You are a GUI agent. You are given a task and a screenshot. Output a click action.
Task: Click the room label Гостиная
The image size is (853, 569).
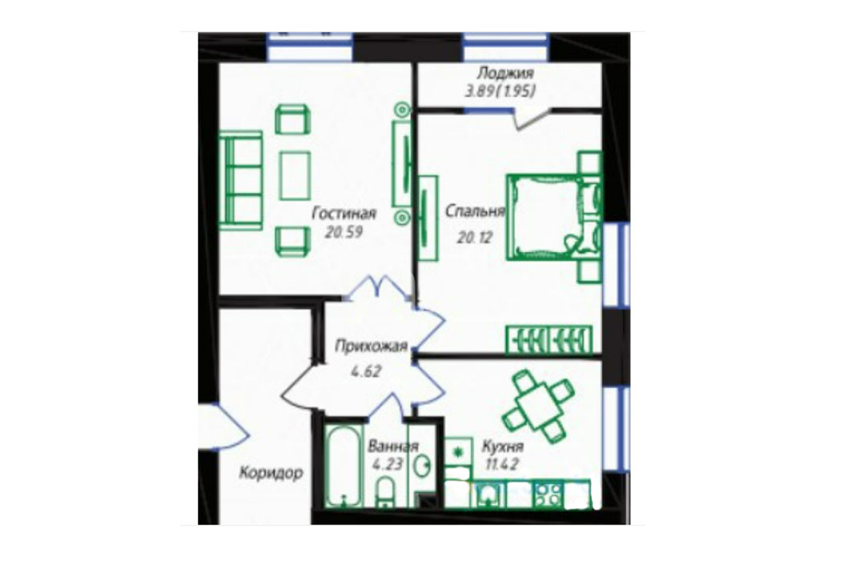[343, 213]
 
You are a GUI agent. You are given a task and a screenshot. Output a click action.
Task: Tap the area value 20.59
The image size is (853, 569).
[343, 233]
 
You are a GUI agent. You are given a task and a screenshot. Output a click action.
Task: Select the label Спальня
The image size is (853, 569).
[476, 211]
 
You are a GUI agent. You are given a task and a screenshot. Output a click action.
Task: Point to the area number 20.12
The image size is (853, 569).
[474, 238]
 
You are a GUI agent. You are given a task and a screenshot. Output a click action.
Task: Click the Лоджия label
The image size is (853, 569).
[505, 73]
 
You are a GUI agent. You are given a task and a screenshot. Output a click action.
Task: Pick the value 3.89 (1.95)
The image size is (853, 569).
[499, 91]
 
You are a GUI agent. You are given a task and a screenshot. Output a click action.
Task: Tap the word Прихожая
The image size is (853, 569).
[371, 346]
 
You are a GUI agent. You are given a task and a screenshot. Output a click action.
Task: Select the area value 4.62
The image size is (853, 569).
[366, 372]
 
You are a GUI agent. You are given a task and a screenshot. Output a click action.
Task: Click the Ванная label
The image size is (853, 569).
[393, 446]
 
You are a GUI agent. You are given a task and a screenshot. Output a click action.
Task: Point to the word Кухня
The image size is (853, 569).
[502, 446]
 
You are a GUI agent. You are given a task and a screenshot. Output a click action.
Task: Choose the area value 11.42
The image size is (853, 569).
[499, 465]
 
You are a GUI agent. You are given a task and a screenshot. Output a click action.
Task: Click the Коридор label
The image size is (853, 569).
[271, 473]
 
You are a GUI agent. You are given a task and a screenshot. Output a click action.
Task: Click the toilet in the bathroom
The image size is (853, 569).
[386, 492]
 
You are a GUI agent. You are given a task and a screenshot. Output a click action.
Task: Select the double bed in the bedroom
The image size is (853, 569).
[550, 217]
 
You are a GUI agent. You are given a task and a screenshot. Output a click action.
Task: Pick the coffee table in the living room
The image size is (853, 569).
[294, 176]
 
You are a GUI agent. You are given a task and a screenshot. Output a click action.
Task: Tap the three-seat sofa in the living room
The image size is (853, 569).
[241, 180]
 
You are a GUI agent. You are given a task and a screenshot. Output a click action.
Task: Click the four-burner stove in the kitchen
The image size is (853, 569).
[548, 494]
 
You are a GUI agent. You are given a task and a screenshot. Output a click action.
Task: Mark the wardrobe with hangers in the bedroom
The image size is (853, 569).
[549, 339]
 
